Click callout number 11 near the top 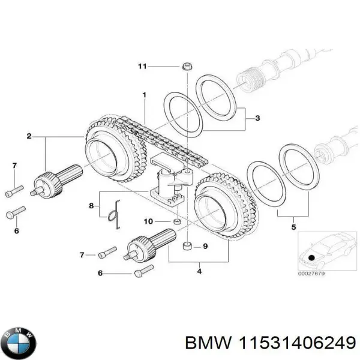pos(142,67)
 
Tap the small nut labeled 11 pos(186,66)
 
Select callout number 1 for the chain pos(144,95)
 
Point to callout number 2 pos(29,137)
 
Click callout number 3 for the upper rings pos(257,118)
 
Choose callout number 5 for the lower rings pos(293,227)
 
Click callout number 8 pos(92,206)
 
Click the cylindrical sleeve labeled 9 pos(188,247)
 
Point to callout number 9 pos(205,246)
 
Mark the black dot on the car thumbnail pos(311,259)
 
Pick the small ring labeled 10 pos(177,223)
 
